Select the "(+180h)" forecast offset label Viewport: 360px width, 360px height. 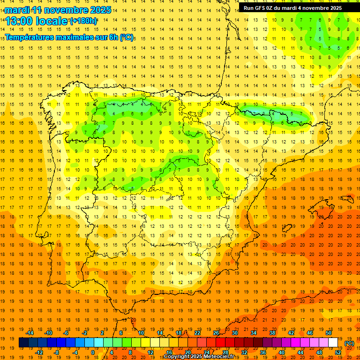pyautogui.click(x=83, y=21)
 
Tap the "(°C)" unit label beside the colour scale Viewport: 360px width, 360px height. pyautogui.click(x=350, y=343)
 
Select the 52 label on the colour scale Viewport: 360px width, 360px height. pyautogui.click(x=337, y=352)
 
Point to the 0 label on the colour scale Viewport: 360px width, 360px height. pyautogui.click(x=93, y=352)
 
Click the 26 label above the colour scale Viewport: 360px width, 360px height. pyautogui.click(x=216, y=333)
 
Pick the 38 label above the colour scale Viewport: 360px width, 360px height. pyautogui.click(x=272, y=333)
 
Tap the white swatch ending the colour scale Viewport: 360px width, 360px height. pyautogui.click(x=333, y=343)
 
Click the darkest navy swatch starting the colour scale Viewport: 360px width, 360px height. pyautogui.click(x=23, y=343)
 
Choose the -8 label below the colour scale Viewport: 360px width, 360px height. pyautogui.click(x=56, y=352)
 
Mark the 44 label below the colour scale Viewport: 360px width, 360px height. pyautogui.click(x=300, y=352)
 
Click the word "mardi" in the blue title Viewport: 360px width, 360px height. pyautogui.click(x=17, y=10)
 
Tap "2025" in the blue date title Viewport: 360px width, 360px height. pyautogui.click(x=100, y=10)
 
